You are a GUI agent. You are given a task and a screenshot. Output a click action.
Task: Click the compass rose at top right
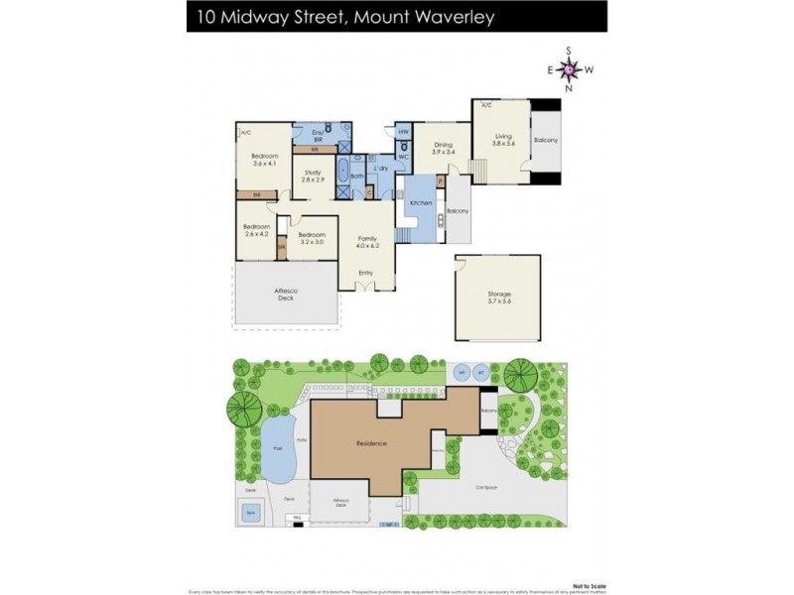point(569,68)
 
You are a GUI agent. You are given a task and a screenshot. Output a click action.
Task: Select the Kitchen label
point(420,202)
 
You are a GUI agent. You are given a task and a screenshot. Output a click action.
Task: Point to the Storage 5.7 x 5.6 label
point(499,297)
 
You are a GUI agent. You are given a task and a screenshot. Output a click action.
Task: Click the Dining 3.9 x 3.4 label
point(443,149)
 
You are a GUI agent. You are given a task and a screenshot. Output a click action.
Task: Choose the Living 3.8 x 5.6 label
point(504,140)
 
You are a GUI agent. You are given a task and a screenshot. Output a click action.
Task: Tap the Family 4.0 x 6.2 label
point(366,242)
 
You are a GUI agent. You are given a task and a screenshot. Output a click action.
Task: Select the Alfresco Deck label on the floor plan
point(286,294)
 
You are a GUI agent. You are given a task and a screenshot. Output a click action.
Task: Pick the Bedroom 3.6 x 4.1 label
point(263,160)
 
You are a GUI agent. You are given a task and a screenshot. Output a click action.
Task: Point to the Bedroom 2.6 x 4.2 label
point(256,231)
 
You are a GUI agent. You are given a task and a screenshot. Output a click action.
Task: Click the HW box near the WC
point(404,132)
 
